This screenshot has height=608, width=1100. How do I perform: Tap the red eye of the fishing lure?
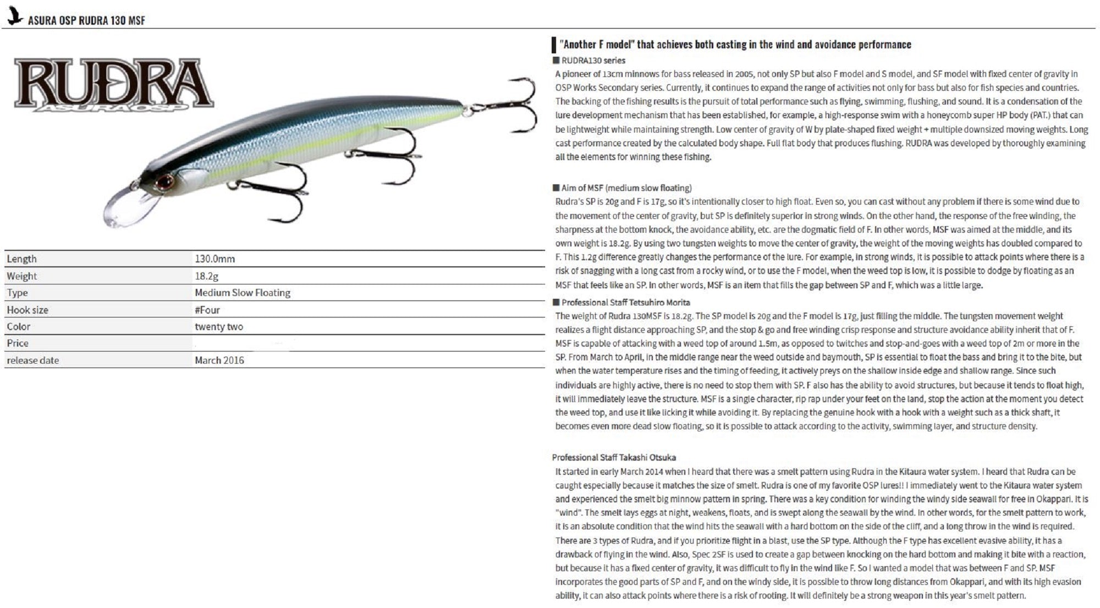(x=163, y=182)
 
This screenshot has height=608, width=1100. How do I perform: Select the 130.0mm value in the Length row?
(x=215, y=259)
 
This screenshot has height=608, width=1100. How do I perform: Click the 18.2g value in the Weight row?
(x=206, y=276)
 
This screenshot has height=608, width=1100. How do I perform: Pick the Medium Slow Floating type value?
(x=242, y=293)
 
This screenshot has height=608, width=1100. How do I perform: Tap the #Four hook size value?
(x=207, y=310)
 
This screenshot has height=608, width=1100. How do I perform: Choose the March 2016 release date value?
(x=219, y=360)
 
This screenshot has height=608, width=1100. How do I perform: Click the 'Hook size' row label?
(x=28, y=310)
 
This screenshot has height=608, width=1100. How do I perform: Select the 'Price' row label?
(x=18, y=343)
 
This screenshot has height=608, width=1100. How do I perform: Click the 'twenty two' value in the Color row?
(x=218, y=327)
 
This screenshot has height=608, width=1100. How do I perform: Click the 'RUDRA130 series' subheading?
(x=593, y=61)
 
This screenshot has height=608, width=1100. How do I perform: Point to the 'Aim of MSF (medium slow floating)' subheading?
(x=626, y=188)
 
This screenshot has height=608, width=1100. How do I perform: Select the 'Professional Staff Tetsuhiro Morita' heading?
(x=625, y=303)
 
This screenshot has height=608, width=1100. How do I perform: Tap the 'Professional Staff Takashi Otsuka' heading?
(x=614, y=457)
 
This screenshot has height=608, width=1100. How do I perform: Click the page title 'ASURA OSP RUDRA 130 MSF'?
(x=86, y=21)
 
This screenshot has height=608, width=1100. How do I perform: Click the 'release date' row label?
(x=33, y=360)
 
